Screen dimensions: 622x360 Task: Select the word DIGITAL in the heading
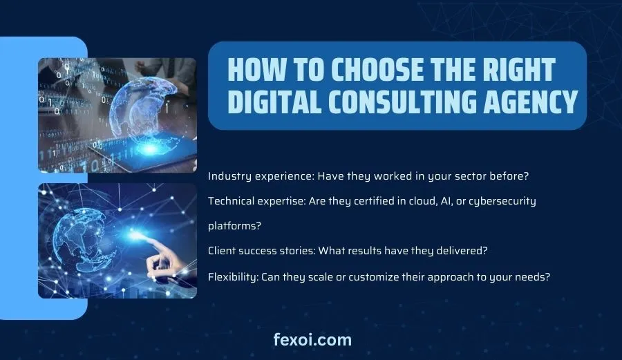point(274,102)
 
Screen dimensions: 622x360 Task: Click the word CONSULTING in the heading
point(402,102)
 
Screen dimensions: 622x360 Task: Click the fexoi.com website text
point(312,340)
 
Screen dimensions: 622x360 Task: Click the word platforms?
point(234,226)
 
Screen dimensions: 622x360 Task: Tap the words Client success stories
point(262,251)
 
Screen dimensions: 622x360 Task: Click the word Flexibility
point(234,277)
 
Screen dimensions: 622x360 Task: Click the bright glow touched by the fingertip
point(137,234)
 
